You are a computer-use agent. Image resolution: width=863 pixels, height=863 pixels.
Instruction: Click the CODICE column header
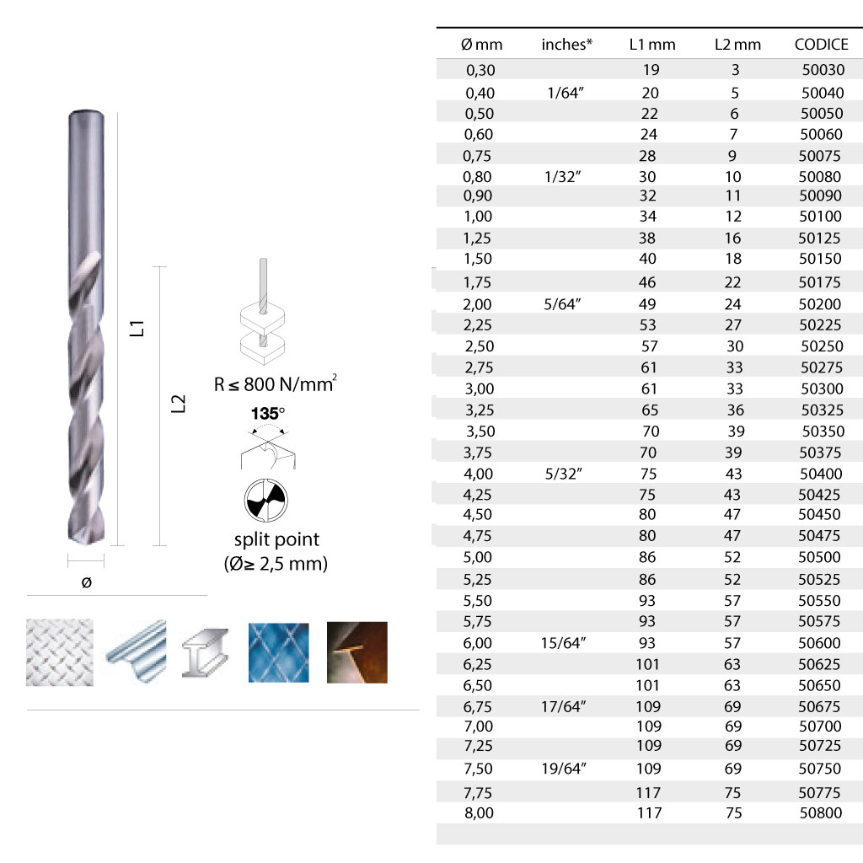click(x=821, y=45)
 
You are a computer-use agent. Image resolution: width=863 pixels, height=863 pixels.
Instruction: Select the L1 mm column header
click(x=652, y=45)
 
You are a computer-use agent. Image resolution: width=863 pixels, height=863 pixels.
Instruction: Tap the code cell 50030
click(x=823, y=70)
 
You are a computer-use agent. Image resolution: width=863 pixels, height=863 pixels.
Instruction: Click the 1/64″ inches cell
click(x=566, y=93)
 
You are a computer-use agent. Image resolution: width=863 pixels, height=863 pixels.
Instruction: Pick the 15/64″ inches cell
click(x=563, y=643)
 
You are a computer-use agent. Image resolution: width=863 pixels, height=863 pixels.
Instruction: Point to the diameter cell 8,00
click(x=479, y=813)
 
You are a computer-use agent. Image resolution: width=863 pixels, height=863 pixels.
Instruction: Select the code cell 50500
click(x=819, y=557)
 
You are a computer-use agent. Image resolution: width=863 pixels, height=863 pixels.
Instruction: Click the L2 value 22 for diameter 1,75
click(x=732, y=282)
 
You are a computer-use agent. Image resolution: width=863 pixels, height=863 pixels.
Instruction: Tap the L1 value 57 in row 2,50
click(x=650, y=346)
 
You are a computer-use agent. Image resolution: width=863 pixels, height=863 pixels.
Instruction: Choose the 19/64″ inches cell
click(x=564, y=769)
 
